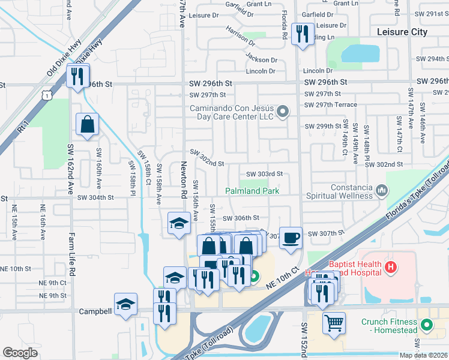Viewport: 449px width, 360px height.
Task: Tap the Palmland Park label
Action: pyautogui.click(x=253, y=191)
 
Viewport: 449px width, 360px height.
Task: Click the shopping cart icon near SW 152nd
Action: pyautogui.click(x=334, y=323)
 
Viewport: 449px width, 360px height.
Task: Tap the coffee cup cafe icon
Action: pyautogui.click(x=291, y=238)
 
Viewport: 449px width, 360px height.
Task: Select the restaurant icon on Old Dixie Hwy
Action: pyautogui.click(x=77, y=76)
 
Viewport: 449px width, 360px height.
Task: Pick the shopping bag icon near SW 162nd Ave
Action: pyautogui.click(x=88, y=125)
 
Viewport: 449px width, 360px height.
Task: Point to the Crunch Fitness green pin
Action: pyautogui.click(x=427, y=326)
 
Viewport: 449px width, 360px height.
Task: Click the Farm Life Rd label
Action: pyautogui.click(x=71, y=254)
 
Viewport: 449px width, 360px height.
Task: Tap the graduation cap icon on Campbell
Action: pyautogui.click(x=125, y=304)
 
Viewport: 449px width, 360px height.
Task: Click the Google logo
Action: pyautogui.click(x=20, y=352)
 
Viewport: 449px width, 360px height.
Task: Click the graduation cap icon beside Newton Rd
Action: pyautogui.click(x=178, y=224)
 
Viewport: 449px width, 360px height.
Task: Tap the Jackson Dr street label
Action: pyautogui.click(x=262, y=59)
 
